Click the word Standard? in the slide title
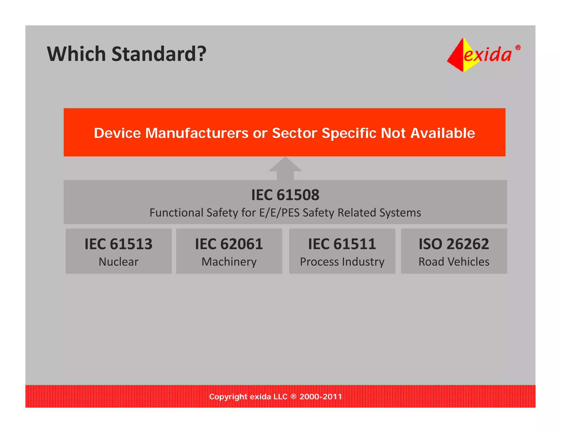point(159,54)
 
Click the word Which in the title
point(76,54)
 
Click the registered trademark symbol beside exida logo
point(518,48)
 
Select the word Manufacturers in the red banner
point(196,133)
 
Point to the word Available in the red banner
point(443,133)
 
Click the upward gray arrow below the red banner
point(285,168)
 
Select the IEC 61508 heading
point(285,195)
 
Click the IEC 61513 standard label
point(118,244)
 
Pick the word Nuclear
point(118,262)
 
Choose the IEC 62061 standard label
point(229,244)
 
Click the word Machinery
point(229,262)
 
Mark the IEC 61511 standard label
point(342,244)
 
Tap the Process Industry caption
point(342,262)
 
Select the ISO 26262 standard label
point(454,244)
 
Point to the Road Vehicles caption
point(454,262)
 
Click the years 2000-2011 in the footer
point(320,397)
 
